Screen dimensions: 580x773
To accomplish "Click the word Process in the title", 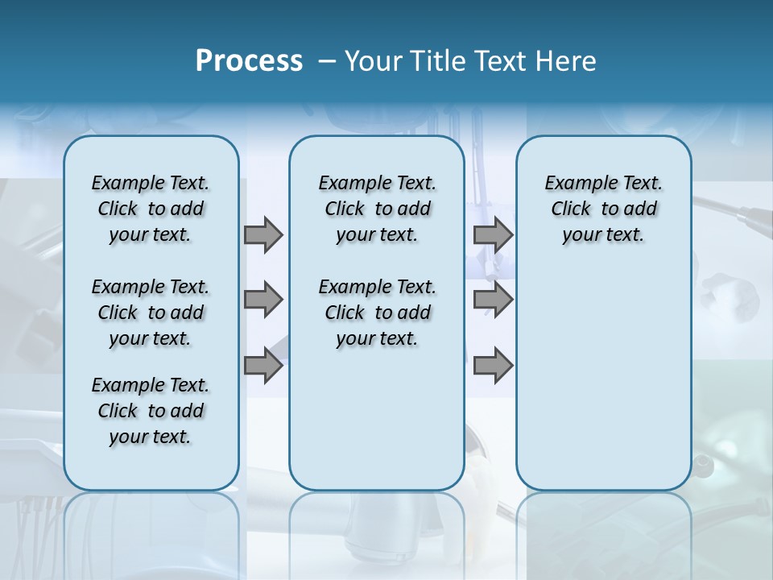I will coord(249,61).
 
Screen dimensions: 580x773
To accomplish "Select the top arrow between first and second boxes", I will coord(263,234).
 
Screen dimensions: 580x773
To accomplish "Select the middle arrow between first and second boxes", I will coord(263,300).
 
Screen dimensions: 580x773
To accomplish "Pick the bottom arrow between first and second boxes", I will coord(263,366).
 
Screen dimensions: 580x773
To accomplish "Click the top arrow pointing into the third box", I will coord(493,234).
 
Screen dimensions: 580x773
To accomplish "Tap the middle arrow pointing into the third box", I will coord(493,300).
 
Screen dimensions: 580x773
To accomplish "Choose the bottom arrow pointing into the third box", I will coord(493,366).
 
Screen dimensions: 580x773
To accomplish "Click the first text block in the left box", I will coord(151,209).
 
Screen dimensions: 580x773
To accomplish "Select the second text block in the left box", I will coord(151,313).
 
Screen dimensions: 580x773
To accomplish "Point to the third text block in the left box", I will coord(151,411).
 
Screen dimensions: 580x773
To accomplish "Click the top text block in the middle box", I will coord(377,209).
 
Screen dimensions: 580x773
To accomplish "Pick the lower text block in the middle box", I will coord(377,313).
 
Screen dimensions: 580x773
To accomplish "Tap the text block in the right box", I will coord(603,209).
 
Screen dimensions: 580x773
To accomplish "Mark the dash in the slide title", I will coord(327,61).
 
